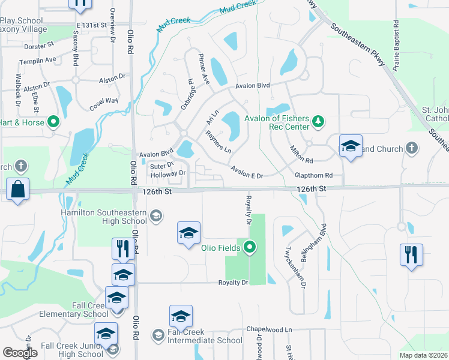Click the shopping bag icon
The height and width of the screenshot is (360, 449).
click(x=19, y=190)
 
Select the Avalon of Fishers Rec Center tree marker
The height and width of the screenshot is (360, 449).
click(x=319, y=123)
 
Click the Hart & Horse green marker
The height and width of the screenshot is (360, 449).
click(x=53, y=122)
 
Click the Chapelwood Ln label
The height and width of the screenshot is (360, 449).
click(x=270, y=329)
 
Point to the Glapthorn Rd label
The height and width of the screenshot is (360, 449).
click(x=313, y=175)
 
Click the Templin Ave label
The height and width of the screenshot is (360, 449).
click(x=37, y=60)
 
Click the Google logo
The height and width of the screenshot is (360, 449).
click(x=20, y=353)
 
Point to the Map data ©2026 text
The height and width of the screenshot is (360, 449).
click(x=424, y=355)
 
